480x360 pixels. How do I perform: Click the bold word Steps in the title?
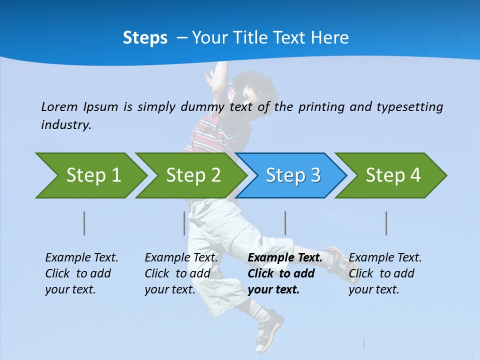point(145,38)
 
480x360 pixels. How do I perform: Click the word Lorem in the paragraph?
point(59,106)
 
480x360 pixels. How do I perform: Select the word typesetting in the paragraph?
point(409,106)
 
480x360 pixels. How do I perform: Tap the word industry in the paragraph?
point(66,124)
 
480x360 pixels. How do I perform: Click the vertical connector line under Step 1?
point(84,223)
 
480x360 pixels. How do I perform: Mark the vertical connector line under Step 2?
point(184,223)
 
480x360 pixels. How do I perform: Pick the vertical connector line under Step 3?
point(285,223)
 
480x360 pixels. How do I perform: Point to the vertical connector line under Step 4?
point(386,223)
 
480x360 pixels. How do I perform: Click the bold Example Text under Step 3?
point(285,258)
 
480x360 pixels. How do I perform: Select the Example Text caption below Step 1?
point(81,258)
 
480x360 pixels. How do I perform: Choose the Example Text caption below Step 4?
point(385,258)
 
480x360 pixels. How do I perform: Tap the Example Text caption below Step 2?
point(181,258)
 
